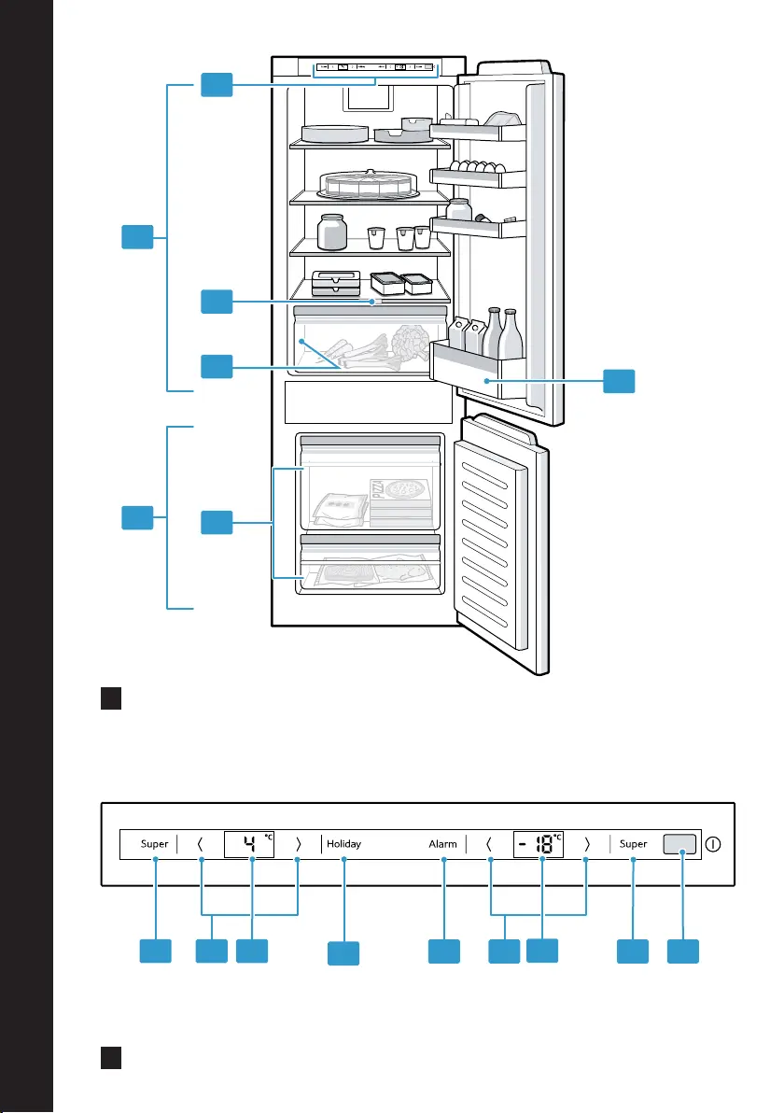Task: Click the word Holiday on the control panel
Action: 344,843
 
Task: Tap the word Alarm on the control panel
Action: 442,844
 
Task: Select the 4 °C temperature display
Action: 249,844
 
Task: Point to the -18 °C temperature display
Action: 539,844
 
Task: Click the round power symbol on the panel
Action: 713,844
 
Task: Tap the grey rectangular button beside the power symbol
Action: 679,844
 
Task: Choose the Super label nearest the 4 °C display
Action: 155,844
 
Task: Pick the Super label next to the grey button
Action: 633,844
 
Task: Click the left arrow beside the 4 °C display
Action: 200,844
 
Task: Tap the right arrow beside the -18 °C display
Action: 587,844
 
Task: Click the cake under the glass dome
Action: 367,185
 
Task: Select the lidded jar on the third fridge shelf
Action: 331,232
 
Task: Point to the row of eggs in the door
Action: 478,167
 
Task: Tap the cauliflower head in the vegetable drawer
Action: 410,341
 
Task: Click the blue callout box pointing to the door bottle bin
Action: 619,381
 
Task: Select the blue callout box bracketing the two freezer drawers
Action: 217,523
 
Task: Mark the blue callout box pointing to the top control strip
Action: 217,84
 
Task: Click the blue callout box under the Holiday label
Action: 343,953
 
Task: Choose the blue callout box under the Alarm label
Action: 444,951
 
